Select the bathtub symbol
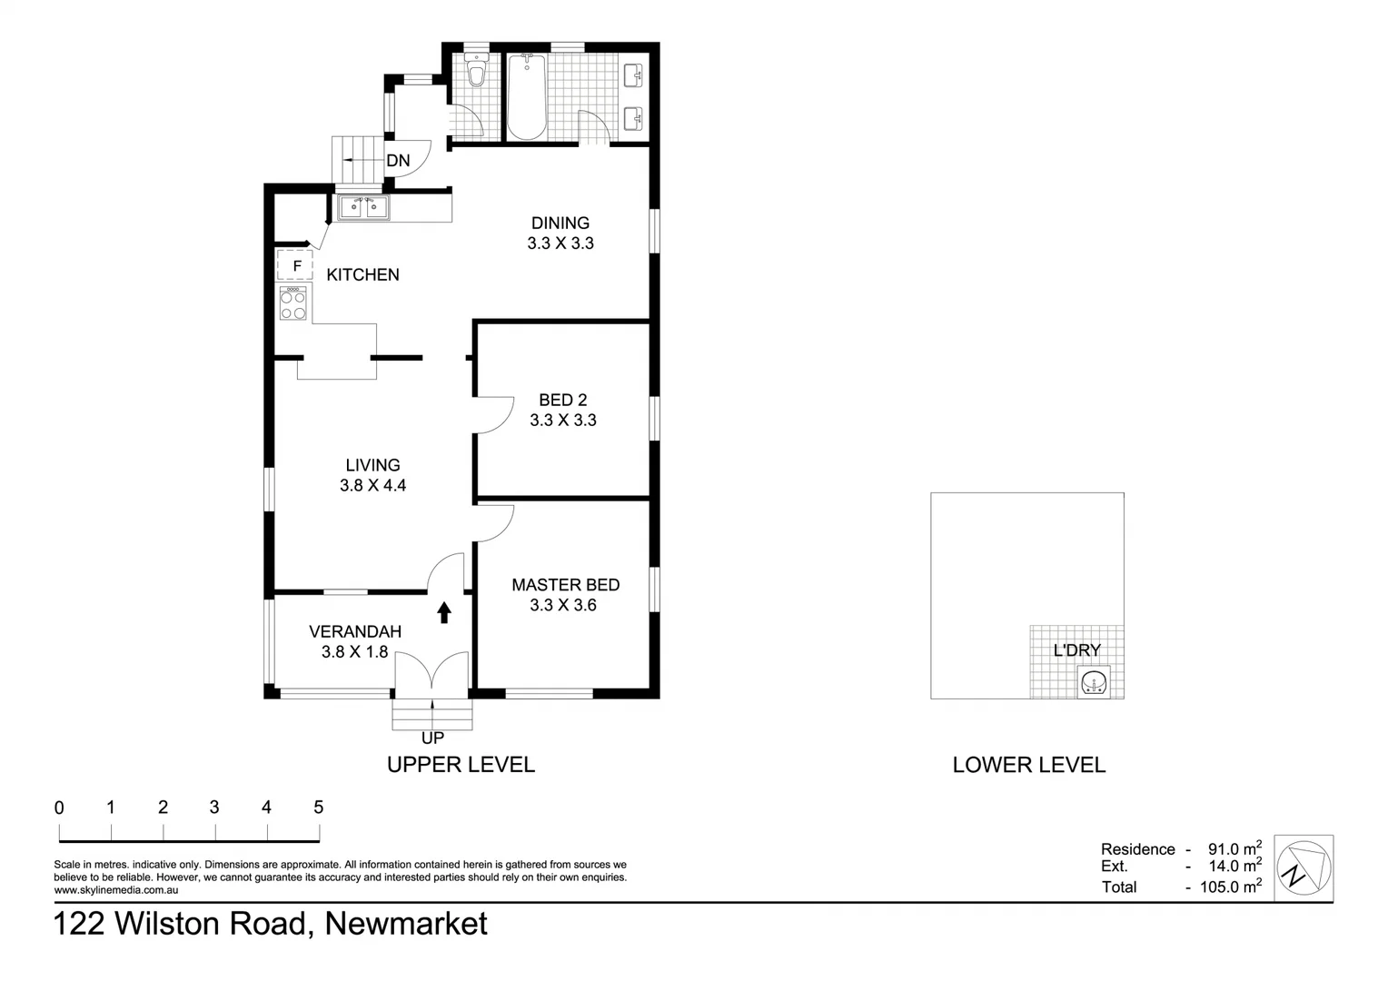[526, 97]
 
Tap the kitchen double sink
[363, 208]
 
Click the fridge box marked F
[295, 265]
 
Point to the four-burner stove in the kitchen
[292, 303]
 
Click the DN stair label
[398, 161]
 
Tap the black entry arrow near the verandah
[444, 612]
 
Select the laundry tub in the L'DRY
[1095, 681]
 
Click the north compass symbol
[1304, 867]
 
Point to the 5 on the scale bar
[318, 807]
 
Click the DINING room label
[560, 223]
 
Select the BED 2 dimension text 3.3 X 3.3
[563, 420]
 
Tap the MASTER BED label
[565, 585]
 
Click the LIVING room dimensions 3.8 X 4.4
[372, 485]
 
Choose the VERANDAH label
[354, 631]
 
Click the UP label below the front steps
[432, 738]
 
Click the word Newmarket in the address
[406, 924]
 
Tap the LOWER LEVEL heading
[1028, 765]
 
